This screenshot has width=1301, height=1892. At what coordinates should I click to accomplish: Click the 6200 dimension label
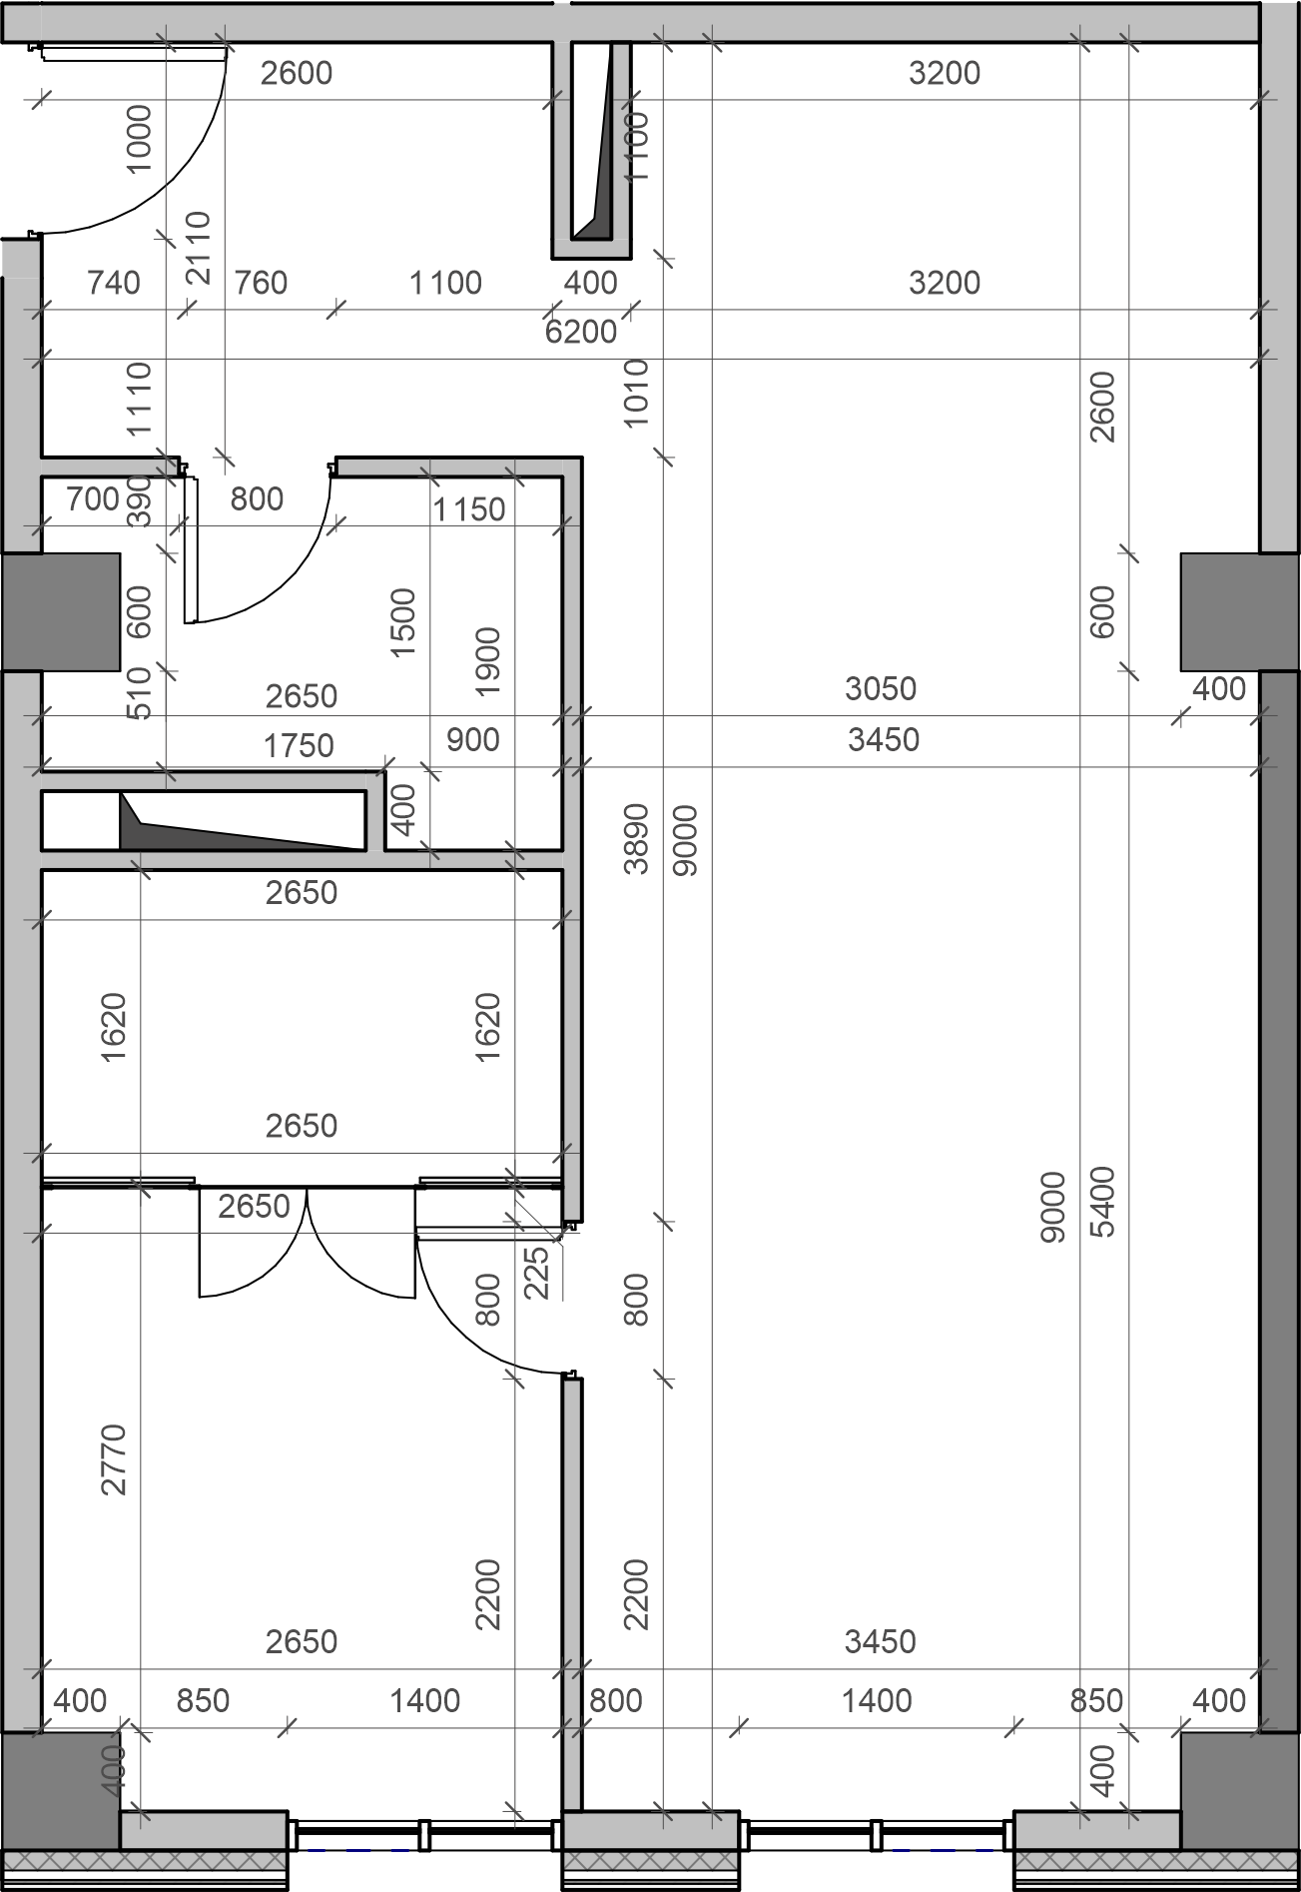click(x=581, y=331)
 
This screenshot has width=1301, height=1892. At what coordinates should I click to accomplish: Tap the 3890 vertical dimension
click(x=636, y=838)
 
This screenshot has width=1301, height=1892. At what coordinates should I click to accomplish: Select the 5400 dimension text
click(x=1102, y=1202)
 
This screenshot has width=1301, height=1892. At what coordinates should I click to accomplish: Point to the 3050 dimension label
click(x=880, y=688)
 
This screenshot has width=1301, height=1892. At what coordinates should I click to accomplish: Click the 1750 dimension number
click(x=299, y=745)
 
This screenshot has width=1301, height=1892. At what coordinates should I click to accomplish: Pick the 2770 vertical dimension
click(x=114, y=1459)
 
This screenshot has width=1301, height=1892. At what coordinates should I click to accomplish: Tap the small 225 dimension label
click(x=536, y=1272)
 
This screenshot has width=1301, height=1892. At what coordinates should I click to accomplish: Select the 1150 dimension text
click(x=468, y=509)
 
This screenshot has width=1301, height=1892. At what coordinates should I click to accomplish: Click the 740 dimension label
click(x=113, y=283)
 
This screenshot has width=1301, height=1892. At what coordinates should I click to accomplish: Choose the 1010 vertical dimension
click(x=636, y=393)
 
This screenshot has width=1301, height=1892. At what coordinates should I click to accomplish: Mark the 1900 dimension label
click(x=487, y=662)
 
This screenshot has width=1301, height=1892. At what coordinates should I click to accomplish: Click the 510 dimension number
click(x=140, y=692)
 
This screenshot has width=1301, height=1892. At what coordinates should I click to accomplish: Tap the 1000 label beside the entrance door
click(x=139, y=139)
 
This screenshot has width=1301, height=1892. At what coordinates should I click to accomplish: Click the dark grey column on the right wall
click(x=1240, y=612)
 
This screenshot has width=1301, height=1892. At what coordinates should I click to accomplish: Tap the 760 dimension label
click(x=261, y=283)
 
